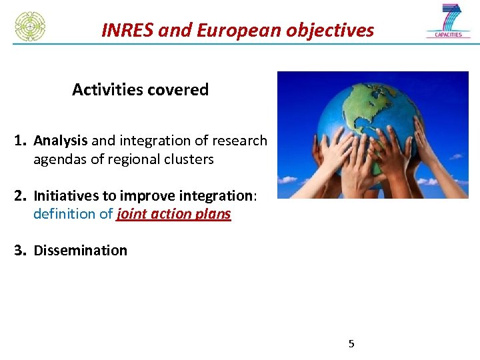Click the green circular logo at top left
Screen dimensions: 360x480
(x=30, y=26)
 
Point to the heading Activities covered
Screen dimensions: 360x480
(x=140, y=89)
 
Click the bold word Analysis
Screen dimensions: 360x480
(x=61, y=141)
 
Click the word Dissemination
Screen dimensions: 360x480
(x=80, y=251)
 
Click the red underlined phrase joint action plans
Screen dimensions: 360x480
(x=173, y=214)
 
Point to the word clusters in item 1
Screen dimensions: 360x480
(x=190, y=159)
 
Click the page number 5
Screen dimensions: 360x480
(x=351, y=344)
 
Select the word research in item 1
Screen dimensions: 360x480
(x=239, y=141)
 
